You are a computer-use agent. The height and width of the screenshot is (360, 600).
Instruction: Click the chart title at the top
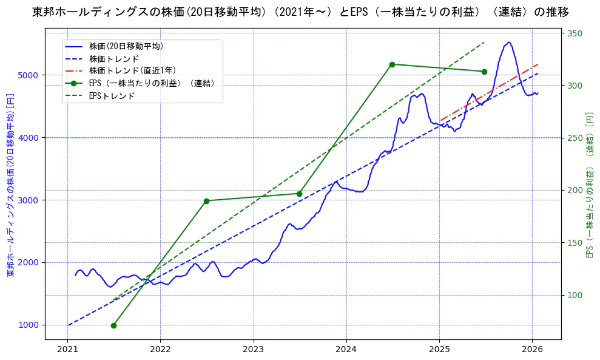pos(300,12)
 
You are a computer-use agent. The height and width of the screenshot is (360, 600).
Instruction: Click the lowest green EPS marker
pos(113,325)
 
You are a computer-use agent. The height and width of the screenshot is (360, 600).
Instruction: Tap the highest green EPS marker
pos(392,64)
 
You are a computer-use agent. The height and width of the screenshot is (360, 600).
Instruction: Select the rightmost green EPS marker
pos(484,72)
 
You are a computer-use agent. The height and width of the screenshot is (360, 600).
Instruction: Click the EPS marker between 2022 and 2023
pos(206,201)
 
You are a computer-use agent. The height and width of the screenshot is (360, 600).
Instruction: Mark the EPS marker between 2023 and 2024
pos(299,194)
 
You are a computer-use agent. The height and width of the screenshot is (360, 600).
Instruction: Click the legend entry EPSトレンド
pos(112,96)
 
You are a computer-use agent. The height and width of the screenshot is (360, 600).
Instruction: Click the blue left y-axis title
pos(10,185)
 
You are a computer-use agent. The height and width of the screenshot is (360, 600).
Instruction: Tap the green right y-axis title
pos(589,185)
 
